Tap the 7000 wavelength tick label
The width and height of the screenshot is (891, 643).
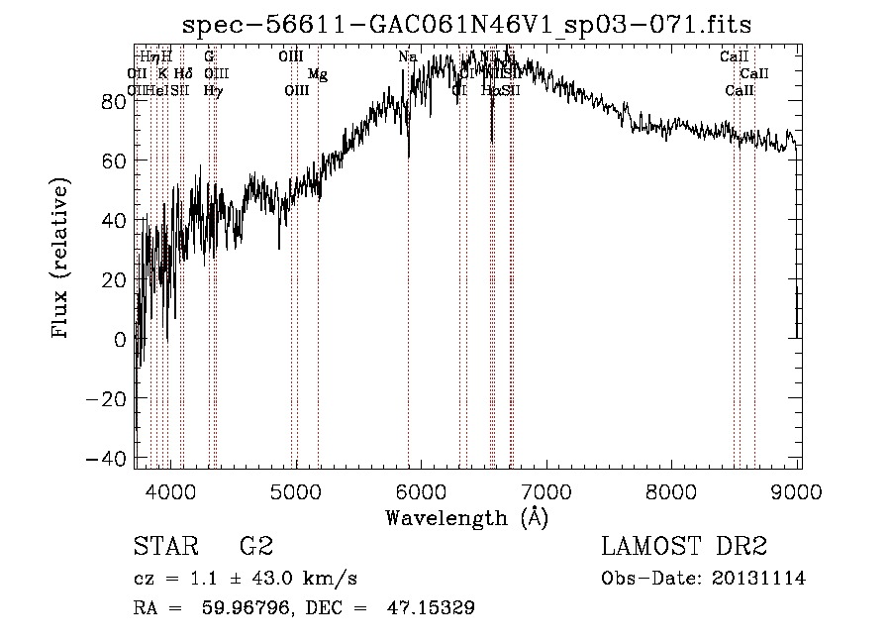click(x=548, y=491)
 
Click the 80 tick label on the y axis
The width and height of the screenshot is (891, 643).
click(x=113, y=101)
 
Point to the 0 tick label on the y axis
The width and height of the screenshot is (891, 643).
click(x=120, y=340)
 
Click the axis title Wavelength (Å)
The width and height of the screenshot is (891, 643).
click(x=466, y=517)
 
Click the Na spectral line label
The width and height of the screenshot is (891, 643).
click(x=407, y=57)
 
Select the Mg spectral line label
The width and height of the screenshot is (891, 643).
click(x=317, y=74)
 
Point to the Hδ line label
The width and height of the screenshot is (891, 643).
click(x=182, y=73)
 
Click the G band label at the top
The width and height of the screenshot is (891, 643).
click(x=209, y=57)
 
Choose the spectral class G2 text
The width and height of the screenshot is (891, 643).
click(x=256, y=548)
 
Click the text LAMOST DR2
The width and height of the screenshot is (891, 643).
click(x=684, y=548)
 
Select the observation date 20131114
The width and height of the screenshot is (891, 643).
click(x=759, y=579)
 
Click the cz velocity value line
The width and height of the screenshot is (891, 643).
click(x=245, y=579)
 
